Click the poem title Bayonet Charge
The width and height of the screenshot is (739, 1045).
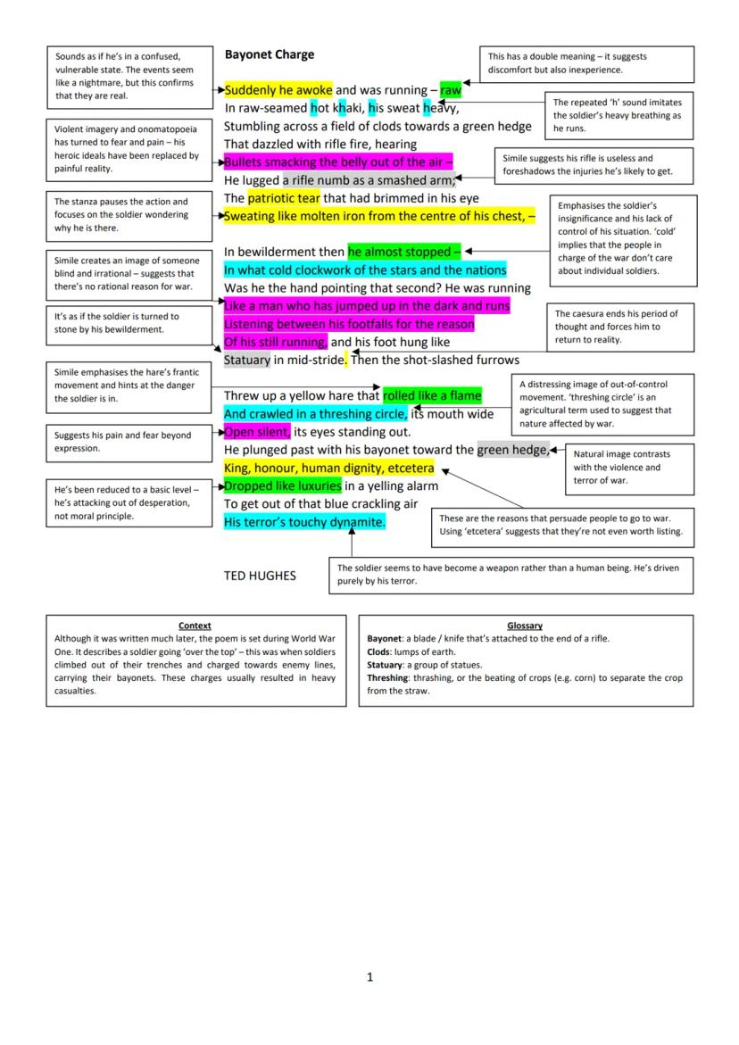click(269, 54)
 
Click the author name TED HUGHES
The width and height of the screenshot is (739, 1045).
click(259, 576)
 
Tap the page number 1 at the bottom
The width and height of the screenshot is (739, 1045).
click(369, 977)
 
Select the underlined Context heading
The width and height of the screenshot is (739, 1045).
click(195, 626)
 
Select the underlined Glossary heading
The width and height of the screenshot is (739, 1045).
click(525, 626)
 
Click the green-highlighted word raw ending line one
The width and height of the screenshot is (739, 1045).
click(451, 90)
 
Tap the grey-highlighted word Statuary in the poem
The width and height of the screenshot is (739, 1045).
click(246, 360)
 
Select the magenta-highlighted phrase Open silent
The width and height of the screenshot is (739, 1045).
click(257, 432)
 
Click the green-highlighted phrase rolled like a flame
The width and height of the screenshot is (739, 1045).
click(432, 395)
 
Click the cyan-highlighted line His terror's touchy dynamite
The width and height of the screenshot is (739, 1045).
click(304, 522)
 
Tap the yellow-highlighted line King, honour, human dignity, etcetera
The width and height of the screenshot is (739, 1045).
click(328, 468)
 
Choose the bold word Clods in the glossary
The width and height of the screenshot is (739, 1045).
click(378, 652)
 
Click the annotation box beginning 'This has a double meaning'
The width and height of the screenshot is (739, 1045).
click(586, 62)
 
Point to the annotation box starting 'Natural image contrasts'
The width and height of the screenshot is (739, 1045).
click(628, 467)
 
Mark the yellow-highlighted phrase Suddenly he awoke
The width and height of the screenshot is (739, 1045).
click(278, 90)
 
